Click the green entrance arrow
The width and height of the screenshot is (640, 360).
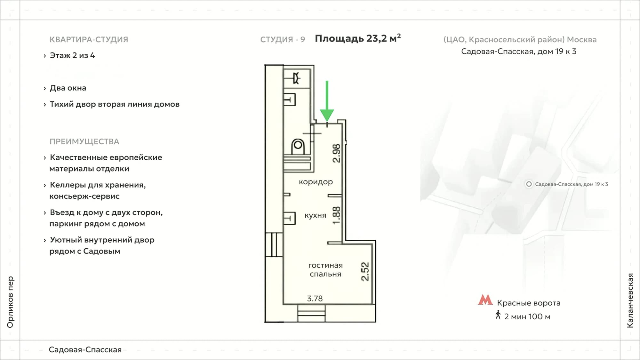pos(327,101)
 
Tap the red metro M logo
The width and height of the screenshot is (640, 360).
pos(485,300)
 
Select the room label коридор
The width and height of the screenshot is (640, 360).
pos(316,182)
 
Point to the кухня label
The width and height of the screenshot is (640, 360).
pos(315,216)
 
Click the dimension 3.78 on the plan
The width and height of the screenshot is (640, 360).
pos(315,299)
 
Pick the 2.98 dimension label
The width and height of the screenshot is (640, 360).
pos(336,153)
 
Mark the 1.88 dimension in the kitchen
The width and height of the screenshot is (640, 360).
pos(336,215)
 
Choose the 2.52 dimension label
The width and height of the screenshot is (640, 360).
pos(365,271)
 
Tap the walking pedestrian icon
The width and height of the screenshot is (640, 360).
pos(498,315)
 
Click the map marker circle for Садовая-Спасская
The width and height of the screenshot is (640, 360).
pos(529,184)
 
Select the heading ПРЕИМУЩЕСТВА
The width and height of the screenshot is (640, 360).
pos(84,141)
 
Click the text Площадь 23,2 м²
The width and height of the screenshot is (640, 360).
pos(358,38)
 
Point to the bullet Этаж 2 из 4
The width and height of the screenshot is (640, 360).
pos(72,55)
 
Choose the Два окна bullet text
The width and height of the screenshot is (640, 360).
pos(68,88)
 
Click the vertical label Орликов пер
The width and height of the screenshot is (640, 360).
pos(10,302)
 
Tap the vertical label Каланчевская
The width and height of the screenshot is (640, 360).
pos(630,300)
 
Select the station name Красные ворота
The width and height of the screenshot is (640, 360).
pos(529,303)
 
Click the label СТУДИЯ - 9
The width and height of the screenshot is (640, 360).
pos(283,39)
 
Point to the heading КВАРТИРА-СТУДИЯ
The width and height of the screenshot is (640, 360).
pos(89,39)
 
